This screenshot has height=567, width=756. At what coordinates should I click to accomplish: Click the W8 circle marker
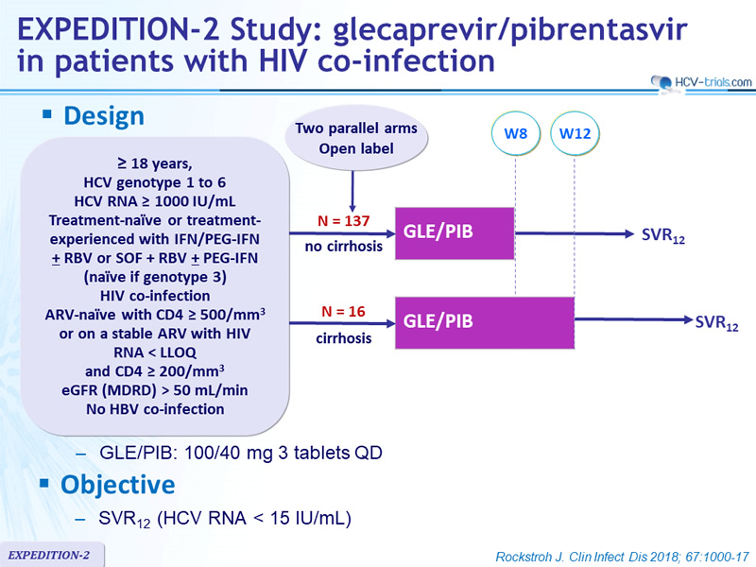[515, 133]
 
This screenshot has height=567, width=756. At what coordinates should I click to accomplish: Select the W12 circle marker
[575, 133]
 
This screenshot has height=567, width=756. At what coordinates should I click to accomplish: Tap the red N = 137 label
[343, 221]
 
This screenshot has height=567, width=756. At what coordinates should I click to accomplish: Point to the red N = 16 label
[343, 312]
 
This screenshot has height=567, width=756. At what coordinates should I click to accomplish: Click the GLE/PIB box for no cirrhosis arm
[455, 233]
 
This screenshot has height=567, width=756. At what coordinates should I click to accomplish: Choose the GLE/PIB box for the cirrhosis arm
[485, 322]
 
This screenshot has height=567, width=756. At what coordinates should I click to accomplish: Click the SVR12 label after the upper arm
[663, 235]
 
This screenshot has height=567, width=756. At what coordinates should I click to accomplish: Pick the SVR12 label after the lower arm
[716, 323]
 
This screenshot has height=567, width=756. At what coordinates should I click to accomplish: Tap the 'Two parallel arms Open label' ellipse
[356, 138]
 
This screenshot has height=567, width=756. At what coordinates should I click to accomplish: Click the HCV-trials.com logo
[701, 82]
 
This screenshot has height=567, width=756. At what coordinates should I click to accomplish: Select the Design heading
[104, 116]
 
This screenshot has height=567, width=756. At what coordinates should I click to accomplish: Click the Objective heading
[117, 485]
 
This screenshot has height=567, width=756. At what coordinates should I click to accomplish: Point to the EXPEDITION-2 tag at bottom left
[49, 555]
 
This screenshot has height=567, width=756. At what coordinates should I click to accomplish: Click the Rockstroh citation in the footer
[623, 557]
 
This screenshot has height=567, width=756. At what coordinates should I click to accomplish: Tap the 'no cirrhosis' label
[343, 247]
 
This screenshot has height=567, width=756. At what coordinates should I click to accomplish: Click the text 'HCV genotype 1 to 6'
[155, 182]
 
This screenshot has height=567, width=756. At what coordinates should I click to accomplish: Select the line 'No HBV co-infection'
[155, 409]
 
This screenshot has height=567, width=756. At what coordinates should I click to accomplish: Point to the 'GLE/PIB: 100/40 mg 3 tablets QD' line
[241, 453]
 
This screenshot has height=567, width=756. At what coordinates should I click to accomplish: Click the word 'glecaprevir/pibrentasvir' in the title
[510, 30]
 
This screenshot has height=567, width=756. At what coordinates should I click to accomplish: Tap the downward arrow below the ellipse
[352, 192]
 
